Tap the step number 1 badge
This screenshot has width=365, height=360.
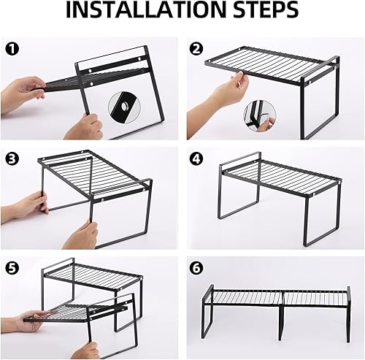click(x=12, y=50)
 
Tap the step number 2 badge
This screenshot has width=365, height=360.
click(x=196, y=50)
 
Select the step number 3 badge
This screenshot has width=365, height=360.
click(x=12, y=158)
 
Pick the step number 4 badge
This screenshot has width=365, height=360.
click(x=196, y=158)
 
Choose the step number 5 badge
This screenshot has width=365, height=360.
click(x=12, y=267)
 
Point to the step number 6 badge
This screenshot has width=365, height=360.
click(x=196, y=267)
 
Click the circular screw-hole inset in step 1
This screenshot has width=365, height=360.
click(x=123, y=107)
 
